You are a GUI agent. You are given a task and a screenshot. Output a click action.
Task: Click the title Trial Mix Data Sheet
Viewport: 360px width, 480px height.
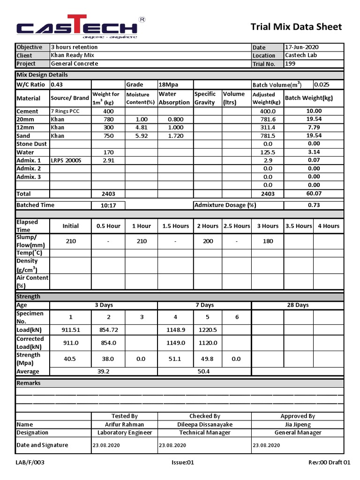pyautogui.click(x=296, y=27)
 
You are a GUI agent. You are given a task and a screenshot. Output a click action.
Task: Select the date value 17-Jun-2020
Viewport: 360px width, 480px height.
pyautogui.click(x=302, y=47)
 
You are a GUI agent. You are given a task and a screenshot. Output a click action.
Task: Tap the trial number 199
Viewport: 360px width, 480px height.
pyautogui.click(x=290, y=64)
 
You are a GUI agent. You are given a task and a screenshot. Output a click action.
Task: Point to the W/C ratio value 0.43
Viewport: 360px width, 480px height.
pyautogui.click(x=56, y=85)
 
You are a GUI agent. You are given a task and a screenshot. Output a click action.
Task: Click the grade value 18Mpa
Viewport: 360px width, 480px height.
pyautogui.click(x=168, y=85)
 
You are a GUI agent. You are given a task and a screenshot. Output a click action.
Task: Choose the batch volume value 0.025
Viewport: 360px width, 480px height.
pyautogui.click(x=322, y=85)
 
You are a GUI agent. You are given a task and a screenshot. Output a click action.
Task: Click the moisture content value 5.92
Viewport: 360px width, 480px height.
pyautogui.click(x=141, y=136)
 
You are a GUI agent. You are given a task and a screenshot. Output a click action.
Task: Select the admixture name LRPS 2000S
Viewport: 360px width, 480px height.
pyautogui.click(x=66, y=161)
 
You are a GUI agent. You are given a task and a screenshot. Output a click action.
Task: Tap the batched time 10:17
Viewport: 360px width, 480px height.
pyautogui.click(x=108, y=205)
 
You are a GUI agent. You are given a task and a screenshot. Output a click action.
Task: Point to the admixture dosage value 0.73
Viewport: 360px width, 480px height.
pyautogui.click(x=314, y=205)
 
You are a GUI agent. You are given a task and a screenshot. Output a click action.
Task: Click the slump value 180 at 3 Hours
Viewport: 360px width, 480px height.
pyautogui.click(x=268, y=241)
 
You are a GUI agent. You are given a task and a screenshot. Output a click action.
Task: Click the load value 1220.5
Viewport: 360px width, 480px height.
pyautogui.click(x=208, y=330)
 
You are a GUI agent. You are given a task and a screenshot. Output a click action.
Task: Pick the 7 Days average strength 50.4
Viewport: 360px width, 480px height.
pyautogui.click(x=204, y=372)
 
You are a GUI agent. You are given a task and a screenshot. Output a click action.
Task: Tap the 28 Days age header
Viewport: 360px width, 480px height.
pyautogui.click(x=298, y=305)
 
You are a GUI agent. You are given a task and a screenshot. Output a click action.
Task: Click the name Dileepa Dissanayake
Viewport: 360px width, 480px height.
pyautogui.click(x=204, y=425)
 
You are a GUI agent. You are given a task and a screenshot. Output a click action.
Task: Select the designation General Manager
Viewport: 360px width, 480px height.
pyautogui.click(x=298, y=433)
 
